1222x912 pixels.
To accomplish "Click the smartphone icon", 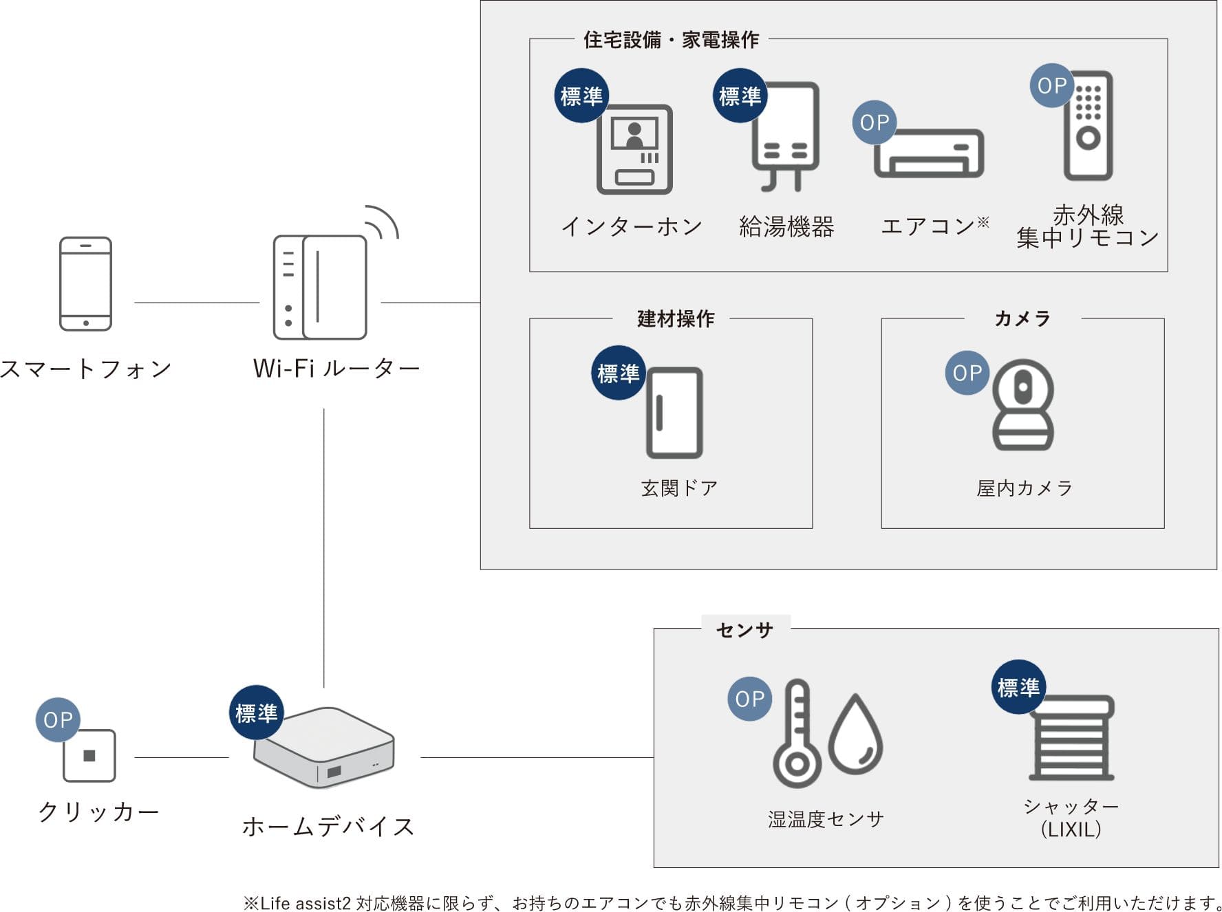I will pyautogui.click(x=85, y=283).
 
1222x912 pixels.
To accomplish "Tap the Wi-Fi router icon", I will pyautogui.click(x=321, y=287).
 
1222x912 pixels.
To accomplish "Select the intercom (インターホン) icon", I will pyautogui.click(x=634, y=149).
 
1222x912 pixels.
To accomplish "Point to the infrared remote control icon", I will pyautogui.click(x=1088, y=126).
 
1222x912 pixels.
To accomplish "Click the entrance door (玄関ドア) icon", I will pyautogui.click(x=674, y=413).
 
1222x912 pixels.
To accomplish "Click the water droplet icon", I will pyautogui.click(x=855, y=736).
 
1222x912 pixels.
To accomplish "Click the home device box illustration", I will pyautogui.click(x=324, y=748).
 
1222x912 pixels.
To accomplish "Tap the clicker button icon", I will pyautogui.click(x=89, y=756).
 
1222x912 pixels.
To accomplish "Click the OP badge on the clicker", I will pyautogui.click(x=58, y=719).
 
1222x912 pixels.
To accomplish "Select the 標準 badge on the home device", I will pyautogui.click(x=256, y=713).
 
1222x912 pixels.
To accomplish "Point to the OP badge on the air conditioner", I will pyautogui.click(x=875, y=122).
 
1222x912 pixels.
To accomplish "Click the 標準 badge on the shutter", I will pyautogui.click(x=1018, y=687).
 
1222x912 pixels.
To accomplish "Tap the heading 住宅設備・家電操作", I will pyautogui.click(x=671, y=40).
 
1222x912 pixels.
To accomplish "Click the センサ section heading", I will pyautogui.click(x=744, y=629).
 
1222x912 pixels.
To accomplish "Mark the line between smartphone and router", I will pyautogui.click(x=197, y=302).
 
